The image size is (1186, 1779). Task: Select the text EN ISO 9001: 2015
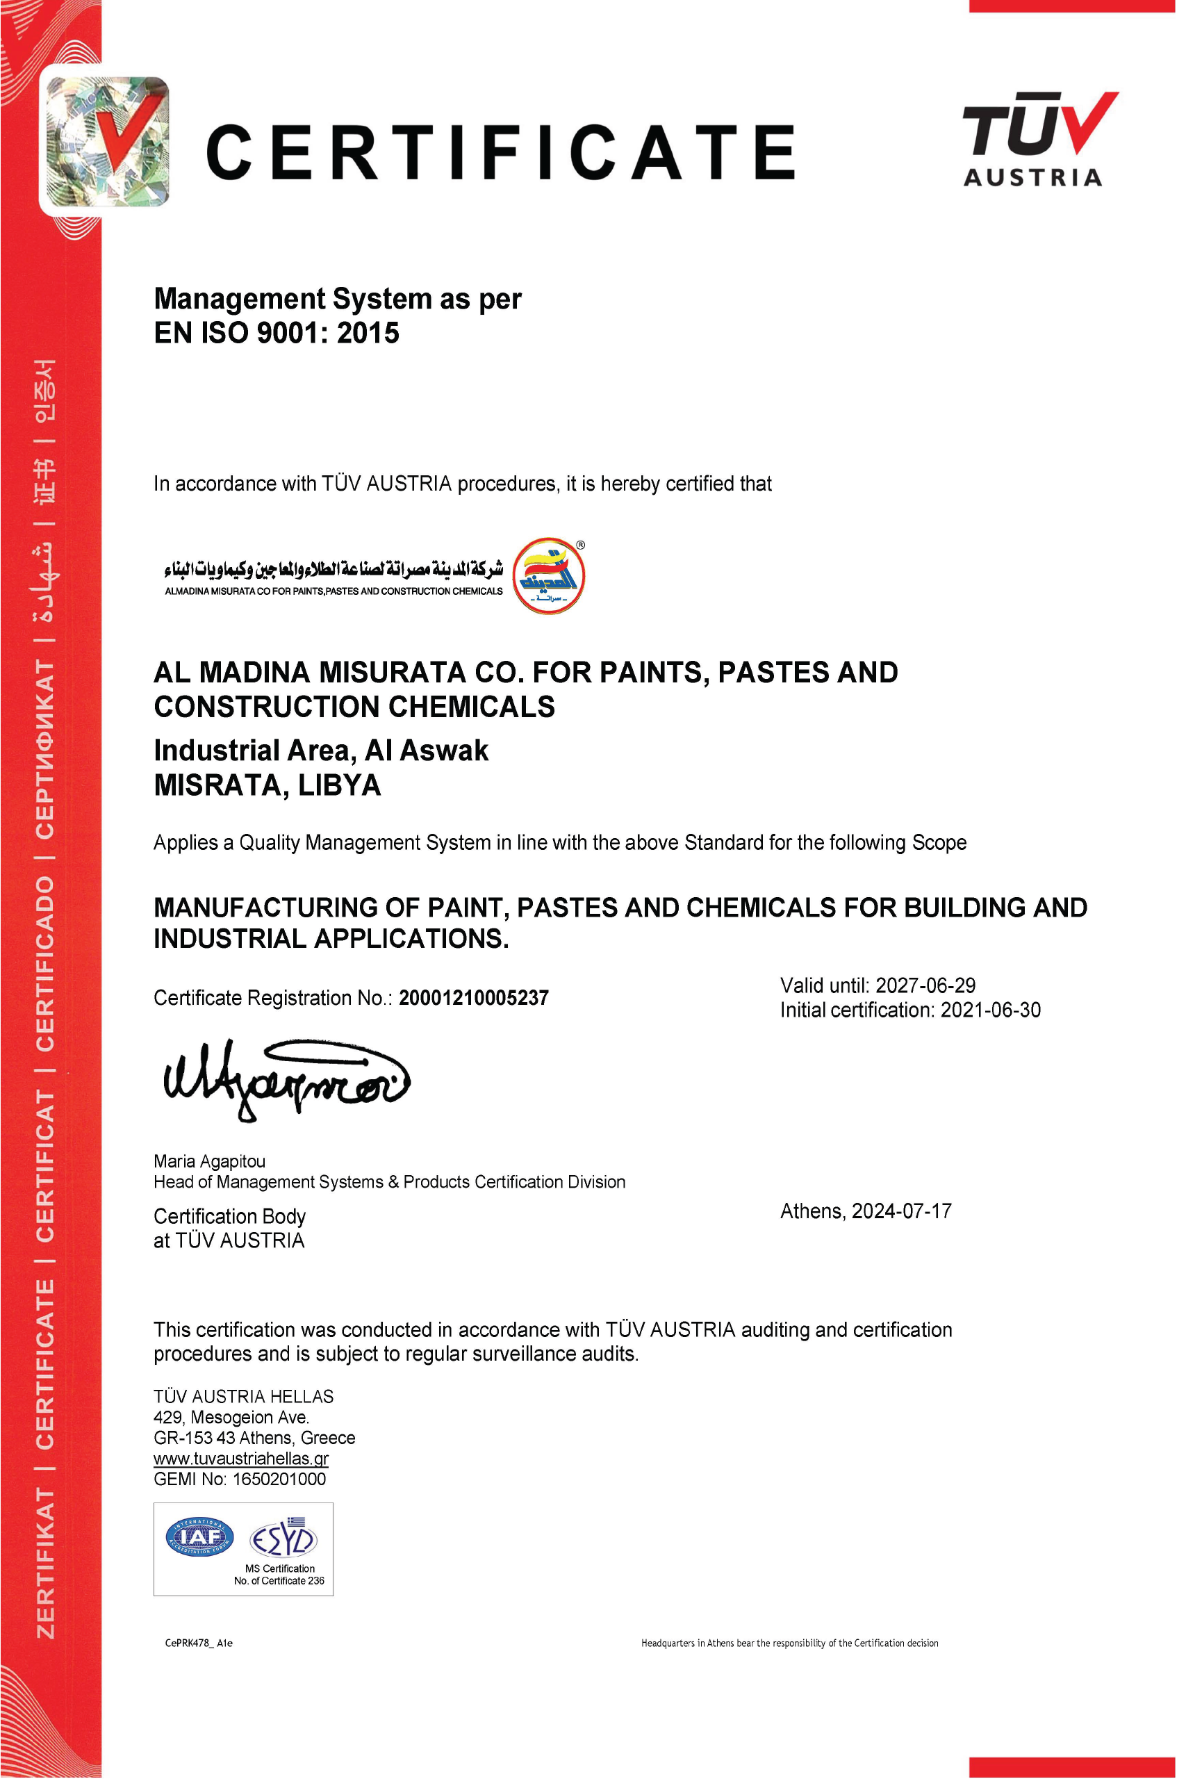[276, 333]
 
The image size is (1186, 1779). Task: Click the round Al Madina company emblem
[548, 575]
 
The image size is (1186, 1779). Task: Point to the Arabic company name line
[333, 567]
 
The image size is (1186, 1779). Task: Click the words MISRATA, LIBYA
[267, 785]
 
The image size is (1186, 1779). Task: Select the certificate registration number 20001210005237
[473, 998]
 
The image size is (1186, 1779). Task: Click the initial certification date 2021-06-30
[990, 1010]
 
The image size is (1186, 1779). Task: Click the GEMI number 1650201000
[279, 1479]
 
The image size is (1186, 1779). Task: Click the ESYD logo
[283, 1539]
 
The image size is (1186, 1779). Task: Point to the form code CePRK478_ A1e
[199, 1643]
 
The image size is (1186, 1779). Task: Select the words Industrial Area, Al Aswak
[321, 751]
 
